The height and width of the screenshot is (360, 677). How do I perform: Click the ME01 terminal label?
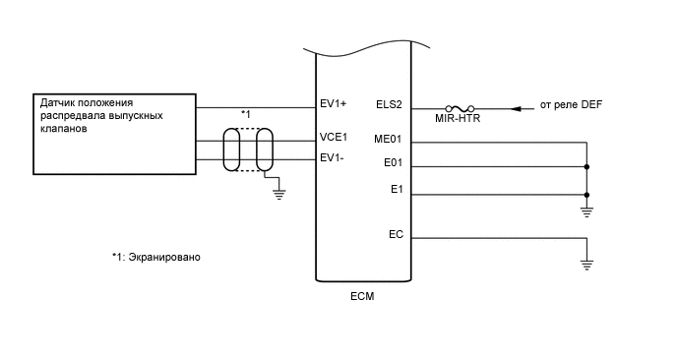[389, 139]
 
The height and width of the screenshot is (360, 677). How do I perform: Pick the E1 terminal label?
[397, 189]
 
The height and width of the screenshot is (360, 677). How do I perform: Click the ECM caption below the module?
[362, 295]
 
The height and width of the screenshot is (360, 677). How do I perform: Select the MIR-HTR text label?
[460, 120]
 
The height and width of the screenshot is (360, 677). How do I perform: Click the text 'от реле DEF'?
[573, 104]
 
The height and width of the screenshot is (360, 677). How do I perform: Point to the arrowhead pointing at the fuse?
[518, 107]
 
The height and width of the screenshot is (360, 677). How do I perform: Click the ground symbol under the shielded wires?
[278, 194]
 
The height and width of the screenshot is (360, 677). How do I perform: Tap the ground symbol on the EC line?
[585, 263]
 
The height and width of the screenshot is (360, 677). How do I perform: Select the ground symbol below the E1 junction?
[585, 210]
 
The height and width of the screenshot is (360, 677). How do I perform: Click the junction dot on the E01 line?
[585, 167]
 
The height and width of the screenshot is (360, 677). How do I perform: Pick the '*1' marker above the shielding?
[246, 114]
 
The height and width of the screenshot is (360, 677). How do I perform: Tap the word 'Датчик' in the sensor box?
[58, 102]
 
